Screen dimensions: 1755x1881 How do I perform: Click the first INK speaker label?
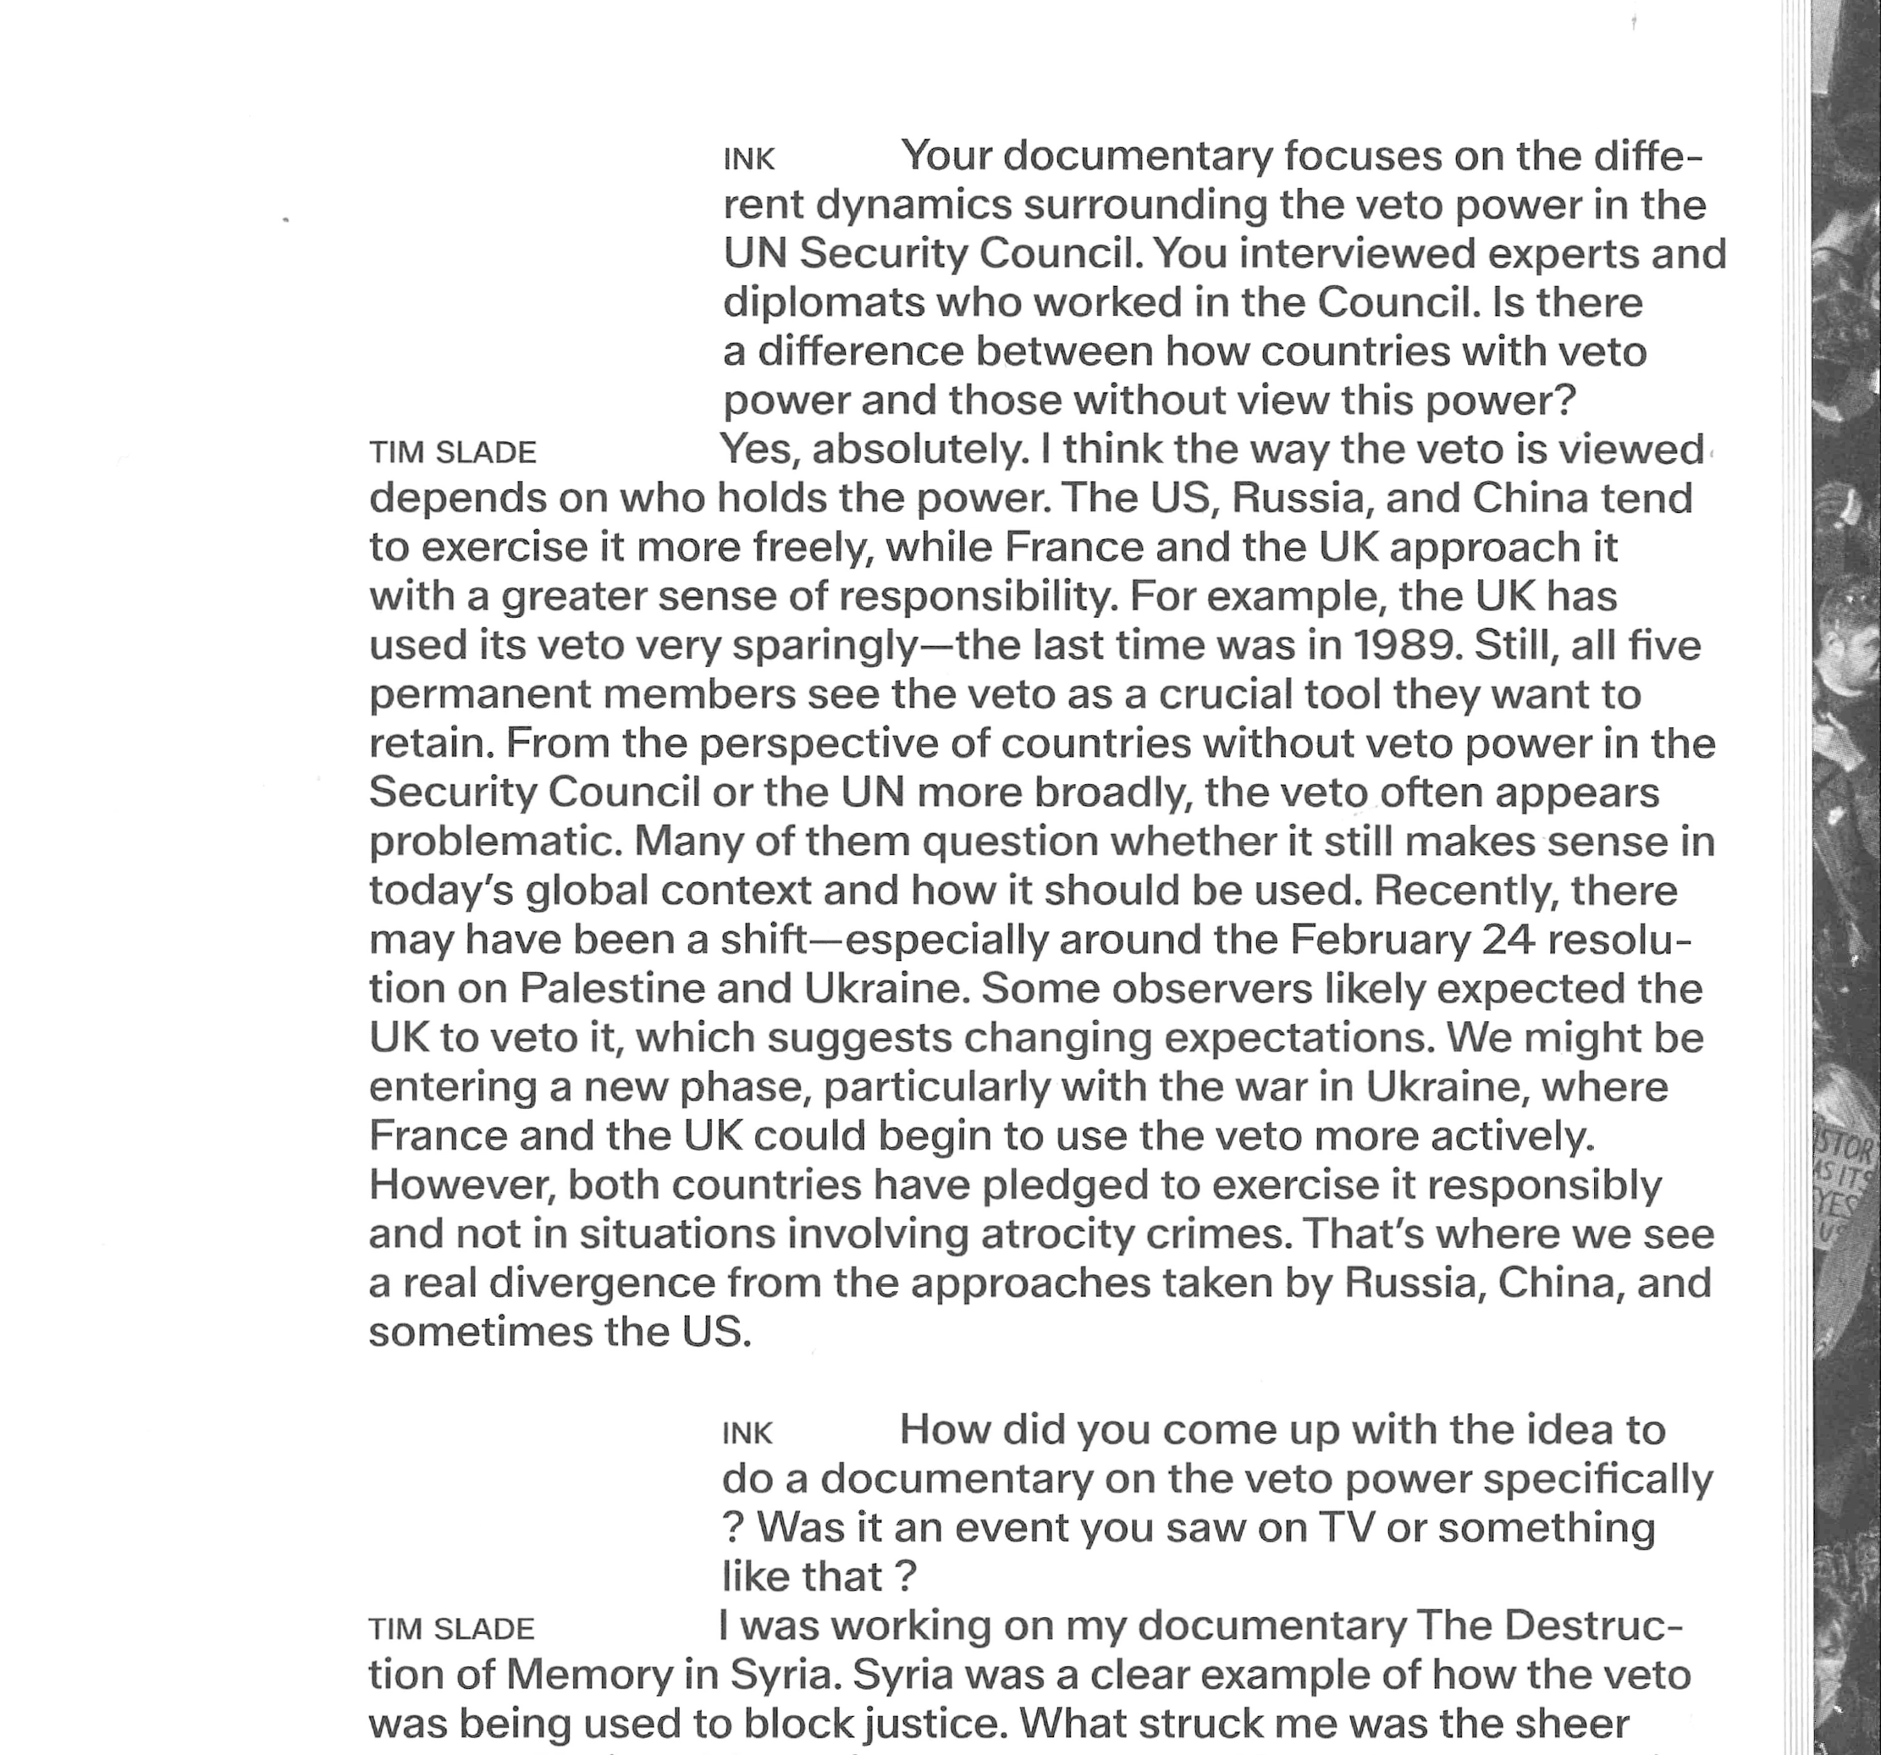point(748,160)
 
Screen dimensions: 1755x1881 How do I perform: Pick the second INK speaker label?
point(747,1434)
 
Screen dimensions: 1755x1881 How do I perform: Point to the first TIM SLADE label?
point(452,453)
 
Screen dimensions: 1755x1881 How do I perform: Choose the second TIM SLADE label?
point(451,1629)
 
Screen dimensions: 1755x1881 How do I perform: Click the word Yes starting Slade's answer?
point(761,450)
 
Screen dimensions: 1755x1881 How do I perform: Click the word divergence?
point(608,1283)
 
